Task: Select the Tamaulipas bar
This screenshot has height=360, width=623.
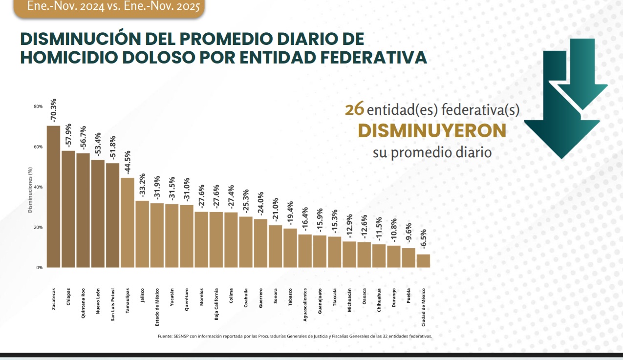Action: tap(127, 222)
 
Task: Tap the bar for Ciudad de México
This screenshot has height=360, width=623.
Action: tap(423, 261)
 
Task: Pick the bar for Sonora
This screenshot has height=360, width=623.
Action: tap(275, 246)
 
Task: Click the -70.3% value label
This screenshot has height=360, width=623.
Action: tap(53, 111)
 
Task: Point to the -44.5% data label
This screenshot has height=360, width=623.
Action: tap(127, 163)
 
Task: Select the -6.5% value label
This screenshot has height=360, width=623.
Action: tap(423, 240)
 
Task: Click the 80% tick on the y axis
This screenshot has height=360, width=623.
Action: tap(39, 106)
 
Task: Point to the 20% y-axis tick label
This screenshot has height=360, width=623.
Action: tap(39, 228)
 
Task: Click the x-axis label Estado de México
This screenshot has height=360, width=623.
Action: tap(157, 306)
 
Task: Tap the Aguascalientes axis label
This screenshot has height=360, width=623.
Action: tap(305, 304)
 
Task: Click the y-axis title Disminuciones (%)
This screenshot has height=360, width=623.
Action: tap(30, 191)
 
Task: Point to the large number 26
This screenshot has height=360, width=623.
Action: tap(354, 109)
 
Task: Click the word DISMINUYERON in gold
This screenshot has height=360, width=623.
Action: tap(431, 130)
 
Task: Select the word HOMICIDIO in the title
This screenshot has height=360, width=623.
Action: tap(69, 58)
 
